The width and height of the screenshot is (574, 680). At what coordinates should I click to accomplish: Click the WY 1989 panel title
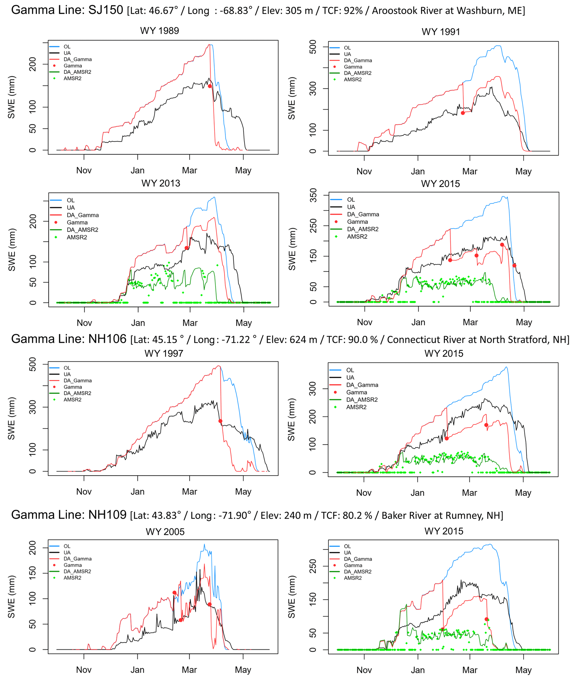[159, 31]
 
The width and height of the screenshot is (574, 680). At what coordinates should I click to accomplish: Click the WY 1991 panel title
[441, 32]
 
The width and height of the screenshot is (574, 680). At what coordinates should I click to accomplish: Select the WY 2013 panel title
[161, 183]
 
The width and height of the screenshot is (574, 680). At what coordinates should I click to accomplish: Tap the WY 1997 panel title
[164, 354]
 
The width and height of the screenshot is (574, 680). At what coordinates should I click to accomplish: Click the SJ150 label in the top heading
[106, 10]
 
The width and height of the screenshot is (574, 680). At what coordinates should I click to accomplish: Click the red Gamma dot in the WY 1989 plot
[210, 86]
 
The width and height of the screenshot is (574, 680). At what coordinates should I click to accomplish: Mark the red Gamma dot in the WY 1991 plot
[463, 113]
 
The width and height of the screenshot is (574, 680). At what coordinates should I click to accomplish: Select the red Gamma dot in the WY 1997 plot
[220, 421]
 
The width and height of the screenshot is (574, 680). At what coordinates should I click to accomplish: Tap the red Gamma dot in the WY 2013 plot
[186, 248]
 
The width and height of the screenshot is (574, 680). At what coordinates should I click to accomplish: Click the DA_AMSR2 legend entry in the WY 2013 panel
[83, 230]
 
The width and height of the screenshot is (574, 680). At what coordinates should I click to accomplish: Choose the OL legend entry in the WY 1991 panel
[347, 48]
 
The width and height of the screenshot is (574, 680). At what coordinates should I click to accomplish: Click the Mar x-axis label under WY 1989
[189, 170]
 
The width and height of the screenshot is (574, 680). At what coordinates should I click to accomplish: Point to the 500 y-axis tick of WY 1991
[313, 47]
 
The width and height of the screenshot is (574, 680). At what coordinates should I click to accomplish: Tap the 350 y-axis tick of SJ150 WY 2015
[313, 195]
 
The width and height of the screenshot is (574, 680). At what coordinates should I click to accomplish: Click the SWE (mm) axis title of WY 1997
[11, 418]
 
